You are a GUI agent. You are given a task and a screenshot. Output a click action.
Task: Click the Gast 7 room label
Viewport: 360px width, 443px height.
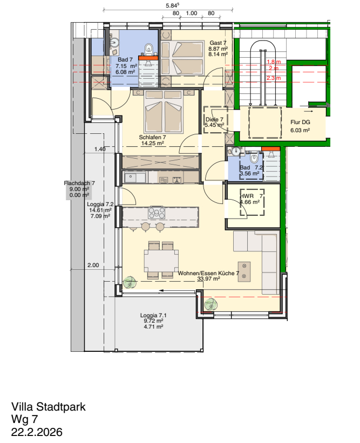tap(218, 43)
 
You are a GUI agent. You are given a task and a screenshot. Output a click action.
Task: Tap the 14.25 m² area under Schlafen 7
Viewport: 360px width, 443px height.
tap(153, 143)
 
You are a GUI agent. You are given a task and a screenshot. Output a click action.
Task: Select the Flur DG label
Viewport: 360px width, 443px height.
tap(300, 122)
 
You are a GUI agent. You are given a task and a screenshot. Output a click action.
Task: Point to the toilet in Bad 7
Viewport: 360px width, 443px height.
tap(148, 49)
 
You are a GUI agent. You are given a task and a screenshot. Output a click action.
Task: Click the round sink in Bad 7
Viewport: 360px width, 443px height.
tap(115, 43)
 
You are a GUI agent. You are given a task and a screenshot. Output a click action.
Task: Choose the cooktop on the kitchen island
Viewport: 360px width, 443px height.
tap(157, 213)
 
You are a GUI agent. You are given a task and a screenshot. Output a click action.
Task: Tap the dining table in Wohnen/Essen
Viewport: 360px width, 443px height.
tap(161, 260)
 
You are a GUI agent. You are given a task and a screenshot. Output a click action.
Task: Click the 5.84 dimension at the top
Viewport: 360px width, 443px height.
tap(173, 5)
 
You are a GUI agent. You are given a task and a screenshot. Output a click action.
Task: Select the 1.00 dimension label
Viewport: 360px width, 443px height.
tap(191, 13)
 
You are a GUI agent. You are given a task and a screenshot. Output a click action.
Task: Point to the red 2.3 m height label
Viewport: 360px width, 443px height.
tap(274, 78)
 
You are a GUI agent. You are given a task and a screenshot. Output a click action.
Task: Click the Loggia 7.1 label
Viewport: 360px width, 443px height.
tap(153, 315)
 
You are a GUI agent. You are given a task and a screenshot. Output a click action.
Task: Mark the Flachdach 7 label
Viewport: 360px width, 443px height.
tap(79, 183)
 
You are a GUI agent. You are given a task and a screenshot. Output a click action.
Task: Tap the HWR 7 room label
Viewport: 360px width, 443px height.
tap(252, 196)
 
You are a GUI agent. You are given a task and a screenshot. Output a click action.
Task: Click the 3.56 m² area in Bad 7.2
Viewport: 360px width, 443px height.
tap(250, 173)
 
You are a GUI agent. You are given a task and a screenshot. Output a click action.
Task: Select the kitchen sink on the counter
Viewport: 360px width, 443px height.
tap(135, 178)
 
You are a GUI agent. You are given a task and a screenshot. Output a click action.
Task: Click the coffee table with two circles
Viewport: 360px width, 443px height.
tap(244, 271)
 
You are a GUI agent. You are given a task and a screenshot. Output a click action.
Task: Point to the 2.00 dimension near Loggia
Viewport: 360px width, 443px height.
tap(93, 265)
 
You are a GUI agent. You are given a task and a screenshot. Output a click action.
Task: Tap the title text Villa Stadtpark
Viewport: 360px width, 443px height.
tap(49, 407)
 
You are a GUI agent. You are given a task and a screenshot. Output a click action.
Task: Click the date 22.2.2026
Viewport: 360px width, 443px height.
tap(37, 432)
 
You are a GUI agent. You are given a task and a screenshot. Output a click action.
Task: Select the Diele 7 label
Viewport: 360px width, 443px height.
tap(214, 119)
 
